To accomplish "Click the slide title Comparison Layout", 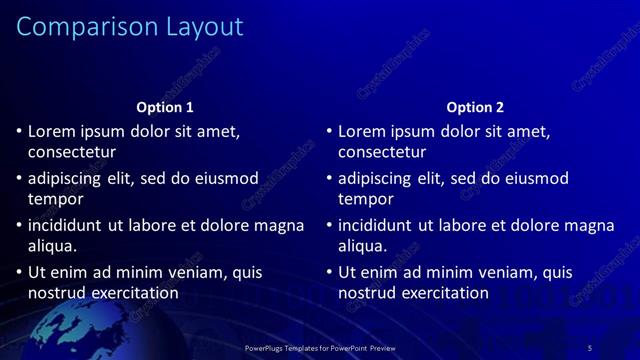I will click(130, 26).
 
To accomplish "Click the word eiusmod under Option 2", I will click(535, 179).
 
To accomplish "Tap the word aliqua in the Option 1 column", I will click(51, 245).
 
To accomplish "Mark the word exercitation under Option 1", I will click(133, 293).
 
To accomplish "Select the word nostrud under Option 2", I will click(367, 293).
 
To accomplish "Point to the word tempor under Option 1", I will click(56, 199).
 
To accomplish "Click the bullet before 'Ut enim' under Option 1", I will click(18, 272).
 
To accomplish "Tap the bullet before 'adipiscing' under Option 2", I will click(328, 179).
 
